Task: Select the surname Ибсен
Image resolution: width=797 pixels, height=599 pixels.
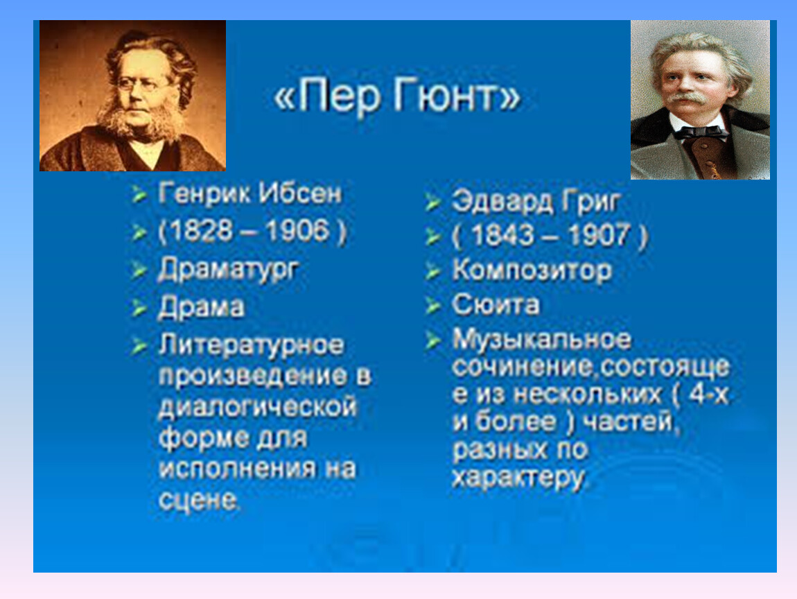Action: coord(300,193)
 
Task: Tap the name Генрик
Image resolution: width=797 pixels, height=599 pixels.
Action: coord(204,193)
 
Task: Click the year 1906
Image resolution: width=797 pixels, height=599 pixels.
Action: coord(297,231)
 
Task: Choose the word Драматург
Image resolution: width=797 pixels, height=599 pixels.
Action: coord(228,270)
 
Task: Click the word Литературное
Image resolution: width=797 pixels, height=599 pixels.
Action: coord(252,346)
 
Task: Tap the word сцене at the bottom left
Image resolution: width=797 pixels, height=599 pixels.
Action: coord(198,501)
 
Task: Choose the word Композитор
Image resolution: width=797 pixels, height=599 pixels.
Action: coord(532,270)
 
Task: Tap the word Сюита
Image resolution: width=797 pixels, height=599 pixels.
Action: coord(496,305)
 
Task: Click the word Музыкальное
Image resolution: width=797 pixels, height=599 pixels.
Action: coord(542,340)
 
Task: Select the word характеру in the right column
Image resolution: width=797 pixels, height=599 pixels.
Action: coord(519,478)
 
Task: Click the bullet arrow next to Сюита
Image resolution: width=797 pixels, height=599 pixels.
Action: coord(432,306)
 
